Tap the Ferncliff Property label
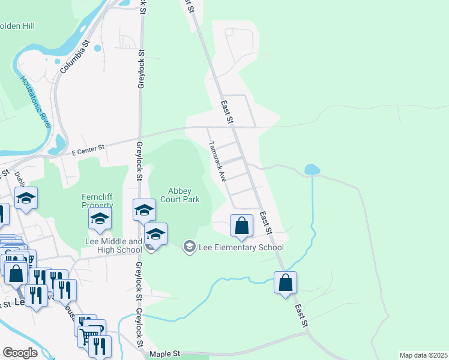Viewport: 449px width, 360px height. tap(97, 201)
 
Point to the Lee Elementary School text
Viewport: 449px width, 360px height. tap(241, 247)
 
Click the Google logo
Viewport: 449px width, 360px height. tap(20, 353)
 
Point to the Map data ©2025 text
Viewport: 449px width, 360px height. tap(423, 355)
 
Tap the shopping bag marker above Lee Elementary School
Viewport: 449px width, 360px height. tap(241, 226)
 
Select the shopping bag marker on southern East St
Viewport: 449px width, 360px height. tap(286, 282)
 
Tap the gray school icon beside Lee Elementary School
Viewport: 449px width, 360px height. tap(190, 247)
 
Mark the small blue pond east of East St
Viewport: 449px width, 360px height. tap(312, 170)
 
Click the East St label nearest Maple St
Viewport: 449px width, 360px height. tap(301, 314)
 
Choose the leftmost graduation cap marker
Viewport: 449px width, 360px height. tap(26, 199)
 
